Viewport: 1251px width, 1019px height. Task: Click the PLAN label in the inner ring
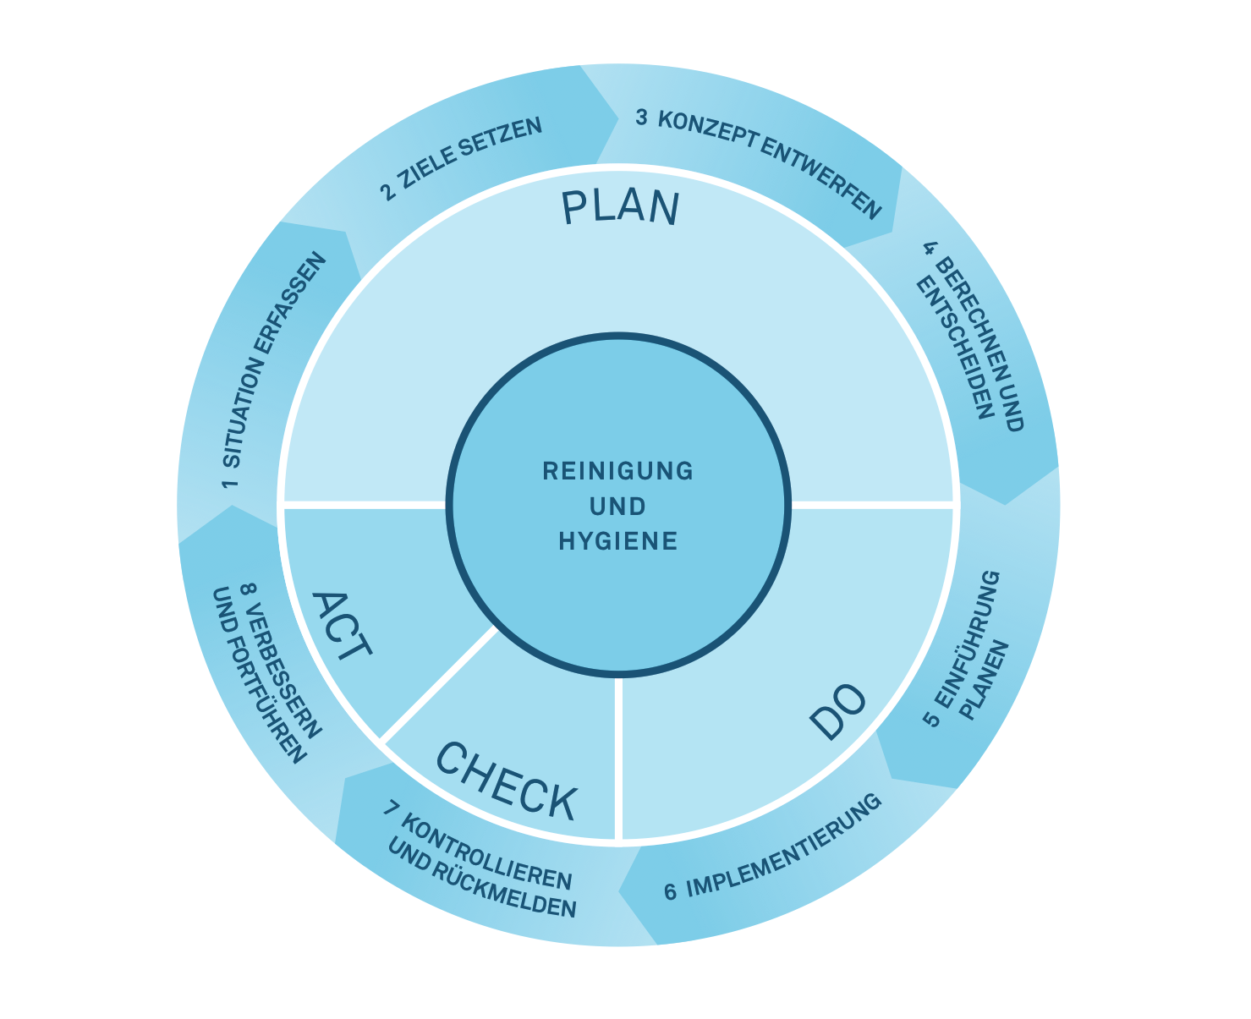(x=620, y=208)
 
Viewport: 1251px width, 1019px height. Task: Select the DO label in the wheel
(x=837, y=711)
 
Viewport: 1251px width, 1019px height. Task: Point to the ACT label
(x=341, y=627)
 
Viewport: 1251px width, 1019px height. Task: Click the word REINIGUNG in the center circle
(x=617, y=471)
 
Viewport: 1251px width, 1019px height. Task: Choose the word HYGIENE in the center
(x=617, y=541)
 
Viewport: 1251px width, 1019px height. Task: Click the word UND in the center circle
(x=617, y=507)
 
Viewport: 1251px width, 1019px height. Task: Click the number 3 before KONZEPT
(x=641, y=118)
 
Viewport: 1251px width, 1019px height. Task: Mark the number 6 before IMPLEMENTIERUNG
(x=670, y=891)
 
